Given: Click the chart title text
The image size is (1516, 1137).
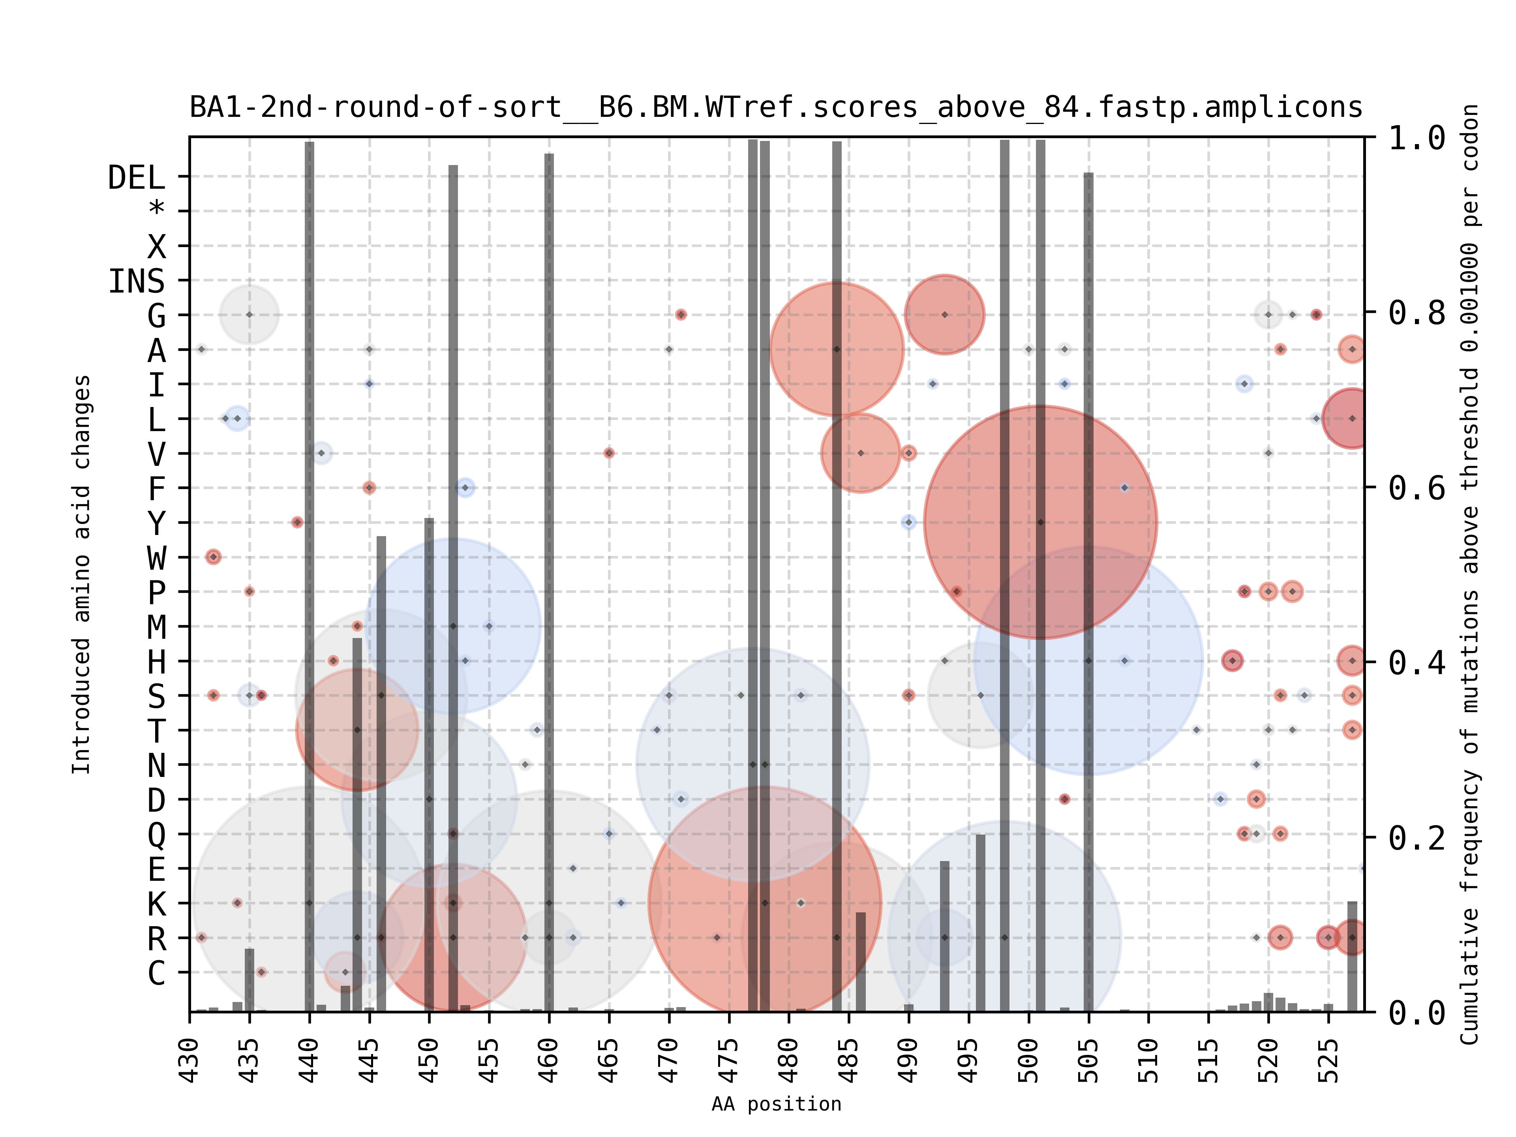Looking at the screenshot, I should pyautogui.click(x=776, y=108).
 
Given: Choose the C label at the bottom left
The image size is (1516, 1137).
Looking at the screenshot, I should pyautogui.click(x=157, y=972).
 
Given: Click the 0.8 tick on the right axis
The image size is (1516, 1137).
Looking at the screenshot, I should pyautogui.click(x=1416, y=313).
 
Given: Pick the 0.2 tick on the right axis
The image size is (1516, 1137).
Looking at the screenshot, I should pyautogui.click(x=1416, y=837).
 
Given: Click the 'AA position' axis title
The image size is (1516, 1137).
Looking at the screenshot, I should pyautogui.click(x=776, y=1104).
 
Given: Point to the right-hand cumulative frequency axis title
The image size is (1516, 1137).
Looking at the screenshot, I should pyautogui.click(x=1469, y=574).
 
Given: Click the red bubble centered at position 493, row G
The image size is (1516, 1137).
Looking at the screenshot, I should pyautogui.click(x=944, y=315).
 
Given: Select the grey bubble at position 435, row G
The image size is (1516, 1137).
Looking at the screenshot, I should pyautogui.click(x=250, y=315).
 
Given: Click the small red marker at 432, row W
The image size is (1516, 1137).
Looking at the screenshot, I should pyautogui.click(x=213, y=557).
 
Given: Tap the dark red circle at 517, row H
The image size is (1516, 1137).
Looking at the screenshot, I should pyautogui.click(x=1232, y=660).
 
